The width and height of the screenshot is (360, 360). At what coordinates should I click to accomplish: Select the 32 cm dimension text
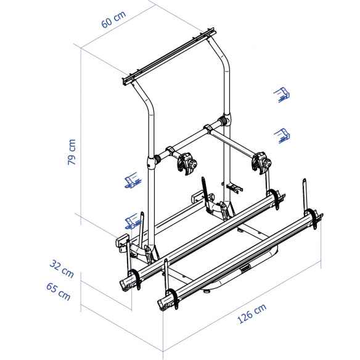pos(63,268)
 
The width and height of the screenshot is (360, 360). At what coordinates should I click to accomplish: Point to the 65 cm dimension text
pos(58,290)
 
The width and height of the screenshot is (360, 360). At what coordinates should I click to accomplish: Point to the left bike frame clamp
pos(186,163)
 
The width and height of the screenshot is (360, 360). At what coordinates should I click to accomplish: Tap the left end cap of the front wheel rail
pos(166,300)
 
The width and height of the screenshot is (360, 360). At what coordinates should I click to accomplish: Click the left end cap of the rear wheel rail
pos(128,282)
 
